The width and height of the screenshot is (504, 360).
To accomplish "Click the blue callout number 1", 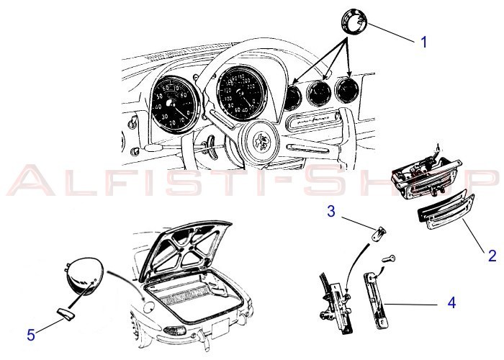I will coord(423,42).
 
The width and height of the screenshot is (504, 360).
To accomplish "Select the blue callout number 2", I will coord(492,254).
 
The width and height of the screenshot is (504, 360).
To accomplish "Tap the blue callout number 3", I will coord(330,212).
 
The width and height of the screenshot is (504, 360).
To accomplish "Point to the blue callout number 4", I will coord(451,303).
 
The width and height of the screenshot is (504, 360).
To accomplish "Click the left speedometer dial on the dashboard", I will coord(173,102).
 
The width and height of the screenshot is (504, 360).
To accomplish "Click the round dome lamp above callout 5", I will coord(82,274).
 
